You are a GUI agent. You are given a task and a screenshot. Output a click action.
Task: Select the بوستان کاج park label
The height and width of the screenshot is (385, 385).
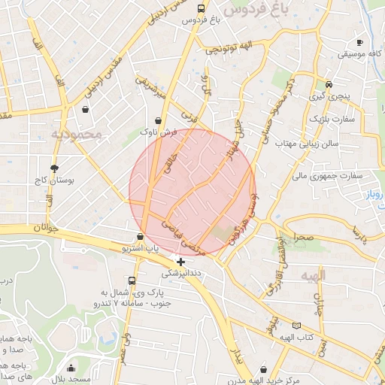[x=51, y=181]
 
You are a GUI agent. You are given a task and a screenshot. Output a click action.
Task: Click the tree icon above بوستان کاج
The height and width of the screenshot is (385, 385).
[x=54, y=168]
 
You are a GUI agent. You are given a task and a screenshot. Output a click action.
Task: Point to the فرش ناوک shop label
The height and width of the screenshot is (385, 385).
[x=158, y=132]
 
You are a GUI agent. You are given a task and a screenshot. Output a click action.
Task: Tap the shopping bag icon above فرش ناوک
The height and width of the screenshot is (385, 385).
[x=158, y=120]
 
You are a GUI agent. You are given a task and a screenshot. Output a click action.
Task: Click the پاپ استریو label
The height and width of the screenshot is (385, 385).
[x=141, y=247]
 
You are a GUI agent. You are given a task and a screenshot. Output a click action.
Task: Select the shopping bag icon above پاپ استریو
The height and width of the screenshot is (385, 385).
[x=141, y=236]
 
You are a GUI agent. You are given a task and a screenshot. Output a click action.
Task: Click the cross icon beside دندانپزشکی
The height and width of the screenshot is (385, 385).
[x=180, y=262]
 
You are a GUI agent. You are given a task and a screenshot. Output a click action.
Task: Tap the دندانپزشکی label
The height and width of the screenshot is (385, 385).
[x=181, y=273]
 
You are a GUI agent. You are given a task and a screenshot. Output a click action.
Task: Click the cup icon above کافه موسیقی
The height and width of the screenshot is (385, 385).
[x=359, y=42]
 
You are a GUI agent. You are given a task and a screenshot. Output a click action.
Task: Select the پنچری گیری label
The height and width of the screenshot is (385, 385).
[x=329, y=96]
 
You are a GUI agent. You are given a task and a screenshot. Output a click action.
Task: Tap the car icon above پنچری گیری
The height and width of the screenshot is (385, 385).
[x=329, y=84]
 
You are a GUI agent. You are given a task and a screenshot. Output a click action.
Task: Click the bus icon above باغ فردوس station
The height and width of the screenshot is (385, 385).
[x=199, y=9]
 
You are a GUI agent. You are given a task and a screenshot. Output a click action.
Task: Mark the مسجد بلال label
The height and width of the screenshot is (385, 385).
[x=71, y=380]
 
